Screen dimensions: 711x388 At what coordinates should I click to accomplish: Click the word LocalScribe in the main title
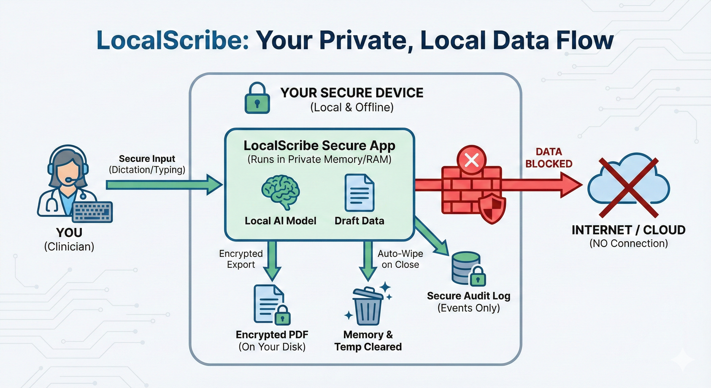(x=173, y=40)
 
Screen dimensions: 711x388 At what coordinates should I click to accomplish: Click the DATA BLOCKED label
(x=548, y=158)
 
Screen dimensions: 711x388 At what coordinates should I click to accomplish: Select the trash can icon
(x=368, y=306)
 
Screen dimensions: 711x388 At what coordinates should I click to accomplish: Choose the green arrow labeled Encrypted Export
(x=272, y=260)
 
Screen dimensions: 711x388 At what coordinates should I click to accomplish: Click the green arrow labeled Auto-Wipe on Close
(x=368, y=260)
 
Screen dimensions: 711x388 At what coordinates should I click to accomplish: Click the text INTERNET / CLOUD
(x=628, y=230)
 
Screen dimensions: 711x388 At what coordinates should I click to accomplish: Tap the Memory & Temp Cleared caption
(x=368, y=341)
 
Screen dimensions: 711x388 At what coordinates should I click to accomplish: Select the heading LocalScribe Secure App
(x=319, y=145)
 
